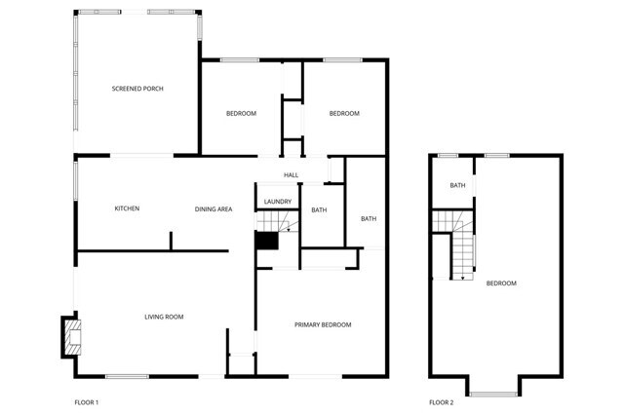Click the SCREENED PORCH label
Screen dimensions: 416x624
[x=137, y=89]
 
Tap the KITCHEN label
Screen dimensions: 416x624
[x=127, y=208]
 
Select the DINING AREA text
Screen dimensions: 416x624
[x=213, y=208]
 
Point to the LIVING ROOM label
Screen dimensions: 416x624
[x=164, y=317]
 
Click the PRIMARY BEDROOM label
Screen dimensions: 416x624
[x=323, y=324]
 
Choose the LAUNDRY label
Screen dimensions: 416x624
[x=278, y=202]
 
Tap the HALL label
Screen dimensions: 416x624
[x=291, y=175]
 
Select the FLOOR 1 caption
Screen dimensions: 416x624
[x=87, y=402]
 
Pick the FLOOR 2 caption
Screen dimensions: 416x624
[x=441, y=402]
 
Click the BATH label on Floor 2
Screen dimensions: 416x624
[x=456, y=185]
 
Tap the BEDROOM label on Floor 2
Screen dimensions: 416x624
[x=501, y=284]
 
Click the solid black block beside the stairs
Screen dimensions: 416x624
[x=266, y=243]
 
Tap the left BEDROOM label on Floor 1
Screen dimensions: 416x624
[x=241, y=114]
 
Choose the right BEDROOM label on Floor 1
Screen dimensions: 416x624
[x=343, y=114]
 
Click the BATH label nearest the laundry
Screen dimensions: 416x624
[x=319, y=210]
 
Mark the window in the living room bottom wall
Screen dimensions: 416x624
[x=127, y=376]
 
